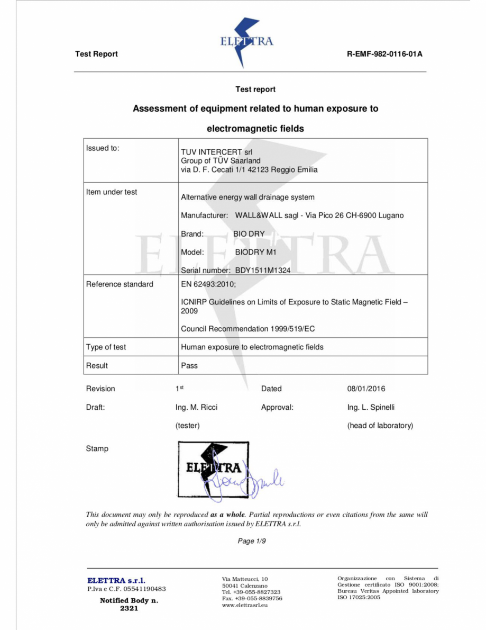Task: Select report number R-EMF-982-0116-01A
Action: pyautogui.click(x=384, y=54)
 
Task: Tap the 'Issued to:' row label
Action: pyautogui.click(x=103, y=148)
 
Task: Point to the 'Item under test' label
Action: pyautogui.click(x=112, y=192)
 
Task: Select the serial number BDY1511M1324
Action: pyautogui.click(x=263, y=270)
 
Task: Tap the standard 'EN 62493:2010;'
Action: pyautogui.click(x=208, y=284)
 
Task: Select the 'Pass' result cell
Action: pyautogui.click(x=189, y=365)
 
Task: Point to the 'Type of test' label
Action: pyautogui.click(x=106, y=347)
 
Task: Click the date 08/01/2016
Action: pyautogui.click(x=366, y=389)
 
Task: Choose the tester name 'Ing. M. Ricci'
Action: pyautogui.click(x=196, y=407)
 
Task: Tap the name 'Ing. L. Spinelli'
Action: pyautogui.click(x=371, y=407)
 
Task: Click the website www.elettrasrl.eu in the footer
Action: pyautogui.click(x=245, y=605)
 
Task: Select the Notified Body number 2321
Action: pyautogui.click(x=129, y=608)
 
